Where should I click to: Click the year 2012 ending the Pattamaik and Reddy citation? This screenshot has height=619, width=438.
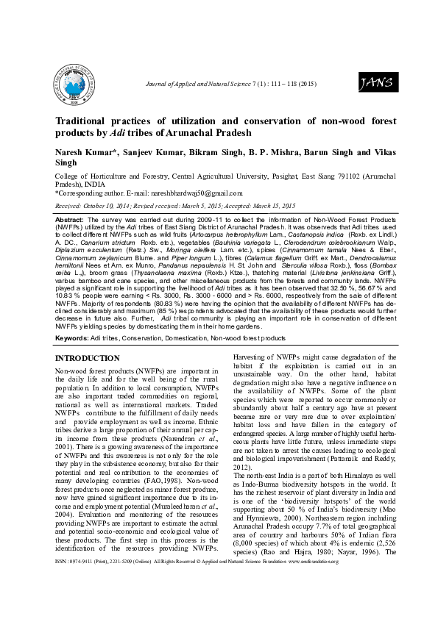230,466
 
